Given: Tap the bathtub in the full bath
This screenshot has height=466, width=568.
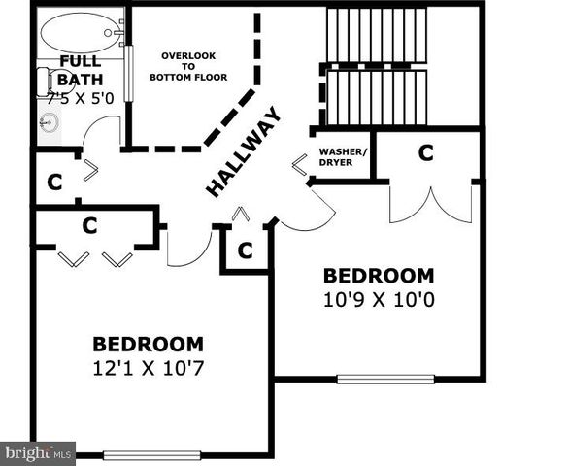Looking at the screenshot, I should (78, 32).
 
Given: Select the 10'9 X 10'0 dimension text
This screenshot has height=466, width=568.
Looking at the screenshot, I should (379, 299).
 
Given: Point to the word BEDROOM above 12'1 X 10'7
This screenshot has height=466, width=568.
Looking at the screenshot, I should (149, 344).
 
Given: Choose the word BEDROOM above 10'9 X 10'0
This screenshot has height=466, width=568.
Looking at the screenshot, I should (379, 275).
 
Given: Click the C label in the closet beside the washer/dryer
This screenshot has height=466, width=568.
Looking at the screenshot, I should (425, 152).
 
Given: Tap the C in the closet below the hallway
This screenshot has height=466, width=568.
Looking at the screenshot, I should (245, 250).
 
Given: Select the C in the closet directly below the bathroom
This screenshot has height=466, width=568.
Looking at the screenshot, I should (55, 183).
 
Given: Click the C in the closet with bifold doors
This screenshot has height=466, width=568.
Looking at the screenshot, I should (90, 225).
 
